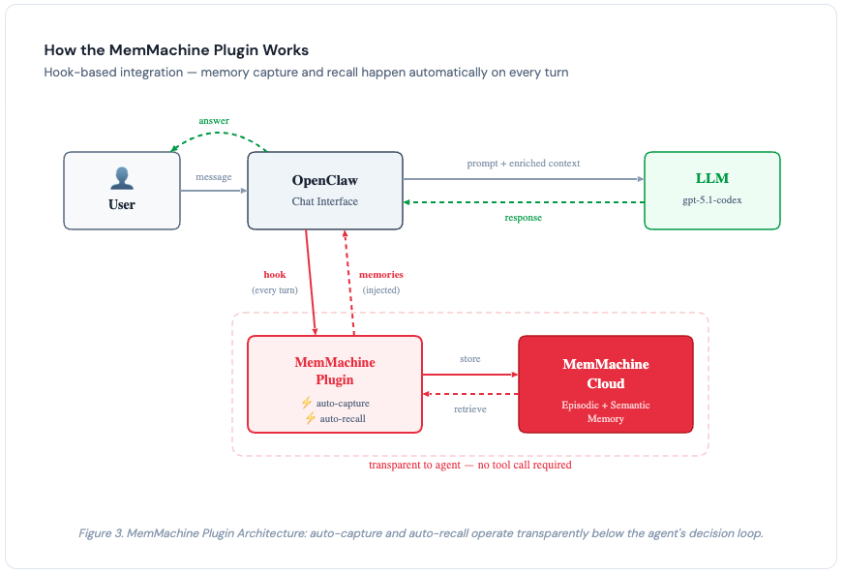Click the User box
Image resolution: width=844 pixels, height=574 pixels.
[x=122, y=191]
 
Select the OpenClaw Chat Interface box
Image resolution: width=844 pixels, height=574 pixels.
[x=325, y=191]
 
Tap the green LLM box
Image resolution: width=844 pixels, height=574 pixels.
[x=711, y=191]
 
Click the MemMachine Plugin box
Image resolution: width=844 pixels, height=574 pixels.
[x=335, y=383]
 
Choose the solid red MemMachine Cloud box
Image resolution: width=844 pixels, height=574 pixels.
[x=606, y=383]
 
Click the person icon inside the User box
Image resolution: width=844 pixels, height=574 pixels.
[x=122, y=178]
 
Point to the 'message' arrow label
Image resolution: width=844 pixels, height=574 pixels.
[x=213, y=177]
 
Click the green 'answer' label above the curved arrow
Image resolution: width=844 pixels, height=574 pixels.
[x=214, y=120]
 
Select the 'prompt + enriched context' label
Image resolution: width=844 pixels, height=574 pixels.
[x=524, y=163]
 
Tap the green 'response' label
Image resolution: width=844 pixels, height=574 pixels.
[x=524, y=218]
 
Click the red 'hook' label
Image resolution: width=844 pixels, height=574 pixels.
[x=275, y=274]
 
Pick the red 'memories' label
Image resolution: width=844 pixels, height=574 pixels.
[x=380, y=274]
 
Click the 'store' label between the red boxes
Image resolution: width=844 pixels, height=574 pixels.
[x=469, y=359]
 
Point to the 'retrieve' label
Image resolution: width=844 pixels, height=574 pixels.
[x=469, y=408]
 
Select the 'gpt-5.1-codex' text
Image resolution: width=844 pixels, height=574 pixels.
[x=711, y=200]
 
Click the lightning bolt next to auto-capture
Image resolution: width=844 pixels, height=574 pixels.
[x=306, y=403]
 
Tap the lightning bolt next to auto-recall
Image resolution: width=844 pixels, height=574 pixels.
[x=310, y=418]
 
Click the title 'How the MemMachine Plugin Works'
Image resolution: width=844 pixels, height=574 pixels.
[x=176, y=49]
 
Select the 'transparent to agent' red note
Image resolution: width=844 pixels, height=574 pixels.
[x=469, y=465]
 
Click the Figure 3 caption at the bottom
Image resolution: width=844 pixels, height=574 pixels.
[x=421, y=532]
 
